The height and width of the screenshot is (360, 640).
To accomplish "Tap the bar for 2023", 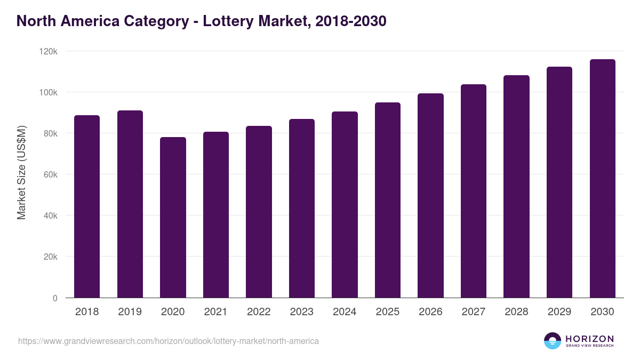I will click(x=302, y=209).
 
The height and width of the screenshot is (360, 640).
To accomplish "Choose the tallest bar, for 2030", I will click(x=602, y=179).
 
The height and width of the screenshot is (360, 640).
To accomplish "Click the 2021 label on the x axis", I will click(x=215, y=312).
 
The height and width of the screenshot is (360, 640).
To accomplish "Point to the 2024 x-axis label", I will click(x=345, y=312).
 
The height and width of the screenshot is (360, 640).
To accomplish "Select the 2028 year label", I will click(x=516, y=312).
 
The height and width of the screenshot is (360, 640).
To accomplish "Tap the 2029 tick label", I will click(x=559, y=312).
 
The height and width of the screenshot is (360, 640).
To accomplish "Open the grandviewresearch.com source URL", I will click(x=169, y=341).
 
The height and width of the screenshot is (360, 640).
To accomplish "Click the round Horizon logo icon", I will click(x=552, y=341).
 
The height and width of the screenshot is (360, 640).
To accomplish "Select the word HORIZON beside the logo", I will click(x=589, y=338).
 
